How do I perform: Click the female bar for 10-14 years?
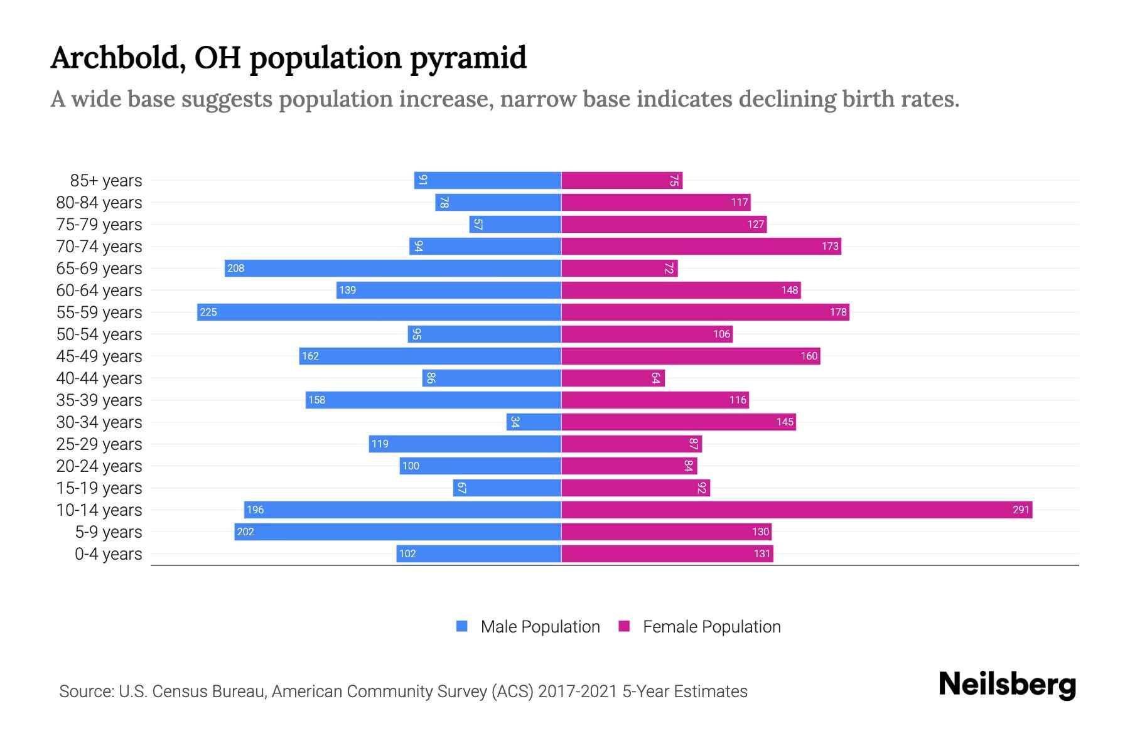[796, 510]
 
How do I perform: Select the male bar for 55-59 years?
[379, 312]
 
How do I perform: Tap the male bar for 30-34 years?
[534, 422]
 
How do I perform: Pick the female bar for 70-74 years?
[701, 246]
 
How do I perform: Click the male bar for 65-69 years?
[392, 268]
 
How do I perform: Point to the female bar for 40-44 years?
[612, 378]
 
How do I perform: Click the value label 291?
[1021, 510]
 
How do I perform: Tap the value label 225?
[208, 312]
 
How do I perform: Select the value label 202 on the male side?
[245, 531]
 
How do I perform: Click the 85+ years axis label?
[106, 181]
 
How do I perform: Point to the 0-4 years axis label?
[108, 554]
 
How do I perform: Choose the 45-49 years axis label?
[99, 356]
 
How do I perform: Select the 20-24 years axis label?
[99, 466]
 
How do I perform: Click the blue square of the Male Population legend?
[462, 626]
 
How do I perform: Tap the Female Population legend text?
[711, 627]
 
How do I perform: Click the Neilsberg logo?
[1007, 685]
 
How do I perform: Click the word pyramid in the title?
[468, 58]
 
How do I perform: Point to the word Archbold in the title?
[117, 58]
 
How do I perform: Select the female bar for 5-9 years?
[666, 531]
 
